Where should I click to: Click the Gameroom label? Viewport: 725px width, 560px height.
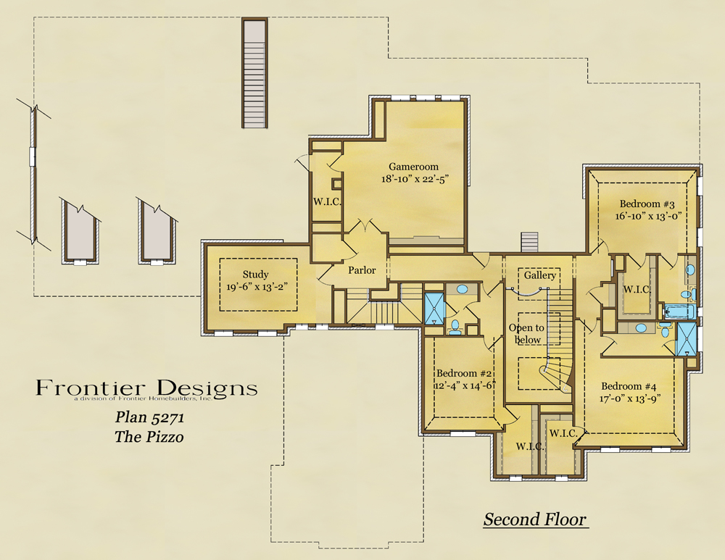(x=413, y=167)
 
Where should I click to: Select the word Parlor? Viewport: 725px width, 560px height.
(x=362, y=270)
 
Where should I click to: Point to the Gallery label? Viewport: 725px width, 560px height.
(x=539, y=276)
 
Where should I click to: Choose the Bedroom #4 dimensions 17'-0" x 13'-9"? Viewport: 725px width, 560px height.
(x=630, y=398)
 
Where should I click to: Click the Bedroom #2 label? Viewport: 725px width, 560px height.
(x=464, y=374)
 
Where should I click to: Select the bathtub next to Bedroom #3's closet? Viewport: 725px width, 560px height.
(x=680, y=312)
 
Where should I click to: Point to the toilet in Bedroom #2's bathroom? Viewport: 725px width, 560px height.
(x=456, y=327)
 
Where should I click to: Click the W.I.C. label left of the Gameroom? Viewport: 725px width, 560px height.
(x=327, y=201)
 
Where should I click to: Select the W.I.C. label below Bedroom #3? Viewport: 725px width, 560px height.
(x=637, y=290)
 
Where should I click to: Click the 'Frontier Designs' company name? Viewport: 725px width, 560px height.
(x=146, y=388)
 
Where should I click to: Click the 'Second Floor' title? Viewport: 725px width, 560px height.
(x=535, y=519)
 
